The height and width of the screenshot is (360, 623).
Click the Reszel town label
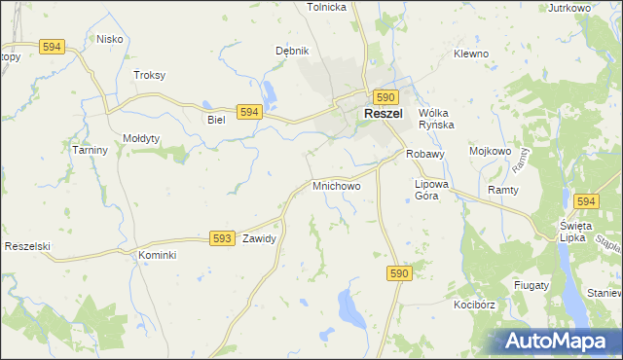point(385,114)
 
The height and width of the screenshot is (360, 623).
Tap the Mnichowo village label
point(336,185)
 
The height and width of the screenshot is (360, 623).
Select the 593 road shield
point(222,238)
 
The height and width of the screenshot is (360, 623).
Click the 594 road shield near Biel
point(249,113)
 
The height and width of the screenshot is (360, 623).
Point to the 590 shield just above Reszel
point(385,97)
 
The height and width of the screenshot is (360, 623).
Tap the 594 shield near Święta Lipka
point(584,201)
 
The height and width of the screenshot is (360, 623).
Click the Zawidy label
point(260,238)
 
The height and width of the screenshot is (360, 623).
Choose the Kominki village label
point(156,255)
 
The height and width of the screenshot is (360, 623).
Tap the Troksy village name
point(149,75)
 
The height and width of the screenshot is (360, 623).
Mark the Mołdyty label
point(141,138)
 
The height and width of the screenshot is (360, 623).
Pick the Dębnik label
point(292,52)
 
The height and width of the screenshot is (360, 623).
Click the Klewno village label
point(470,54)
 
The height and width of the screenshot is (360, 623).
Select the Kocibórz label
point(474,305)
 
